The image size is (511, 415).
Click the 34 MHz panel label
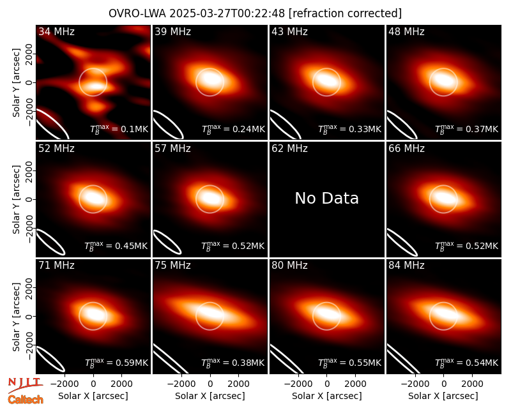[56, 31]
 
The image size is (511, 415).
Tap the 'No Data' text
[326, 198]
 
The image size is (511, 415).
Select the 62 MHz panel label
[289, 149]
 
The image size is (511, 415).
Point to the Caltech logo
[26, 400]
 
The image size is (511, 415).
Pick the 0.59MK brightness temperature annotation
[116, 362]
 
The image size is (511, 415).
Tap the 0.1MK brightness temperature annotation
[119, 129]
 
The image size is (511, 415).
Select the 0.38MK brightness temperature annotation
[233, 362]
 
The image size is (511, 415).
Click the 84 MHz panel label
[406, 266]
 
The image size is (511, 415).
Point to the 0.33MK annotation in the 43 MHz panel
[349, 129]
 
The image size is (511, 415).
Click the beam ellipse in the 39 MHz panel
[168, 124]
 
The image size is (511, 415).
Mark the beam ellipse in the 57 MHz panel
[167, 242]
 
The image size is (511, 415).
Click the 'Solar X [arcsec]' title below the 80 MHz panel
[326, 396]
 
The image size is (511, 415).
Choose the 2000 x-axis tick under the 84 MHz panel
[472, 384]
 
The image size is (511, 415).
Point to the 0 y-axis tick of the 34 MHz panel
[29, 82]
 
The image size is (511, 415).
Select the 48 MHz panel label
[406, 31]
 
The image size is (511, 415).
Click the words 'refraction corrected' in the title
[346, 13]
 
